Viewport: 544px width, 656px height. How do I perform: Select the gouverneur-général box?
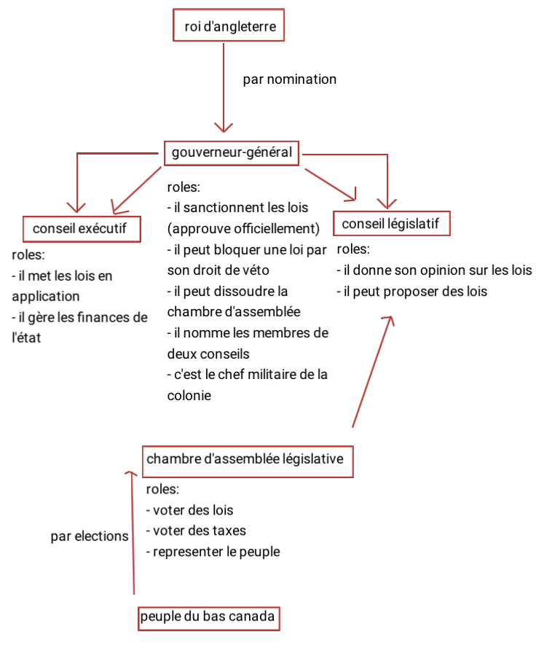click(x=232, y=153)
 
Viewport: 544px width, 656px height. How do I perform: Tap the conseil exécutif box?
click(x=81, y=229)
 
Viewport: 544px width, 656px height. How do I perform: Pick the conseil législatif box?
click(x=391, y=224)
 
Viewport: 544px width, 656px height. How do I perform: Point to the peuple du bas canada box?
click(x=208, y=617)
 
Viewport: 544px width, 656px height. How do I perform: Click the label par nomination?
click(x=290, y=79)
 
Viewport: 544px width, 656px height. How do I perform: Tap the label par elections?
click(x=89, y=536)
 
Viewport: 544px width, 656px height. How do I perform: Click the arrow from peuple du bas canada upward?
click(x=133, y=532)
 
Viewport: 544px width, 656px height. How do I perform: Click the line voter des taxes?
click(x=197, y=531)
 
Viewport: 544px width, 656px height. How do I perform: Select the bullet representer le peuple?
click(x=213, y=552)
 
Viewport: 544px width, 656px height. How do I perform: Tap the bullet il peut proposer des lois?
click(x=412, y=292)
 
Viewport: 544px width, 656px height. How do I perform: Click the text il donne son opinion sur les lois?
click(x=435, y=270)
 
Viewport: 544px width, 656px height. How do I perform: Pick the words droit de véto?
click(x=233, y=270)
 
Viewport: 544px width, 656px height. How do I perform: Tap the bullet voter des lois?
click(x=190, y=510)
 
